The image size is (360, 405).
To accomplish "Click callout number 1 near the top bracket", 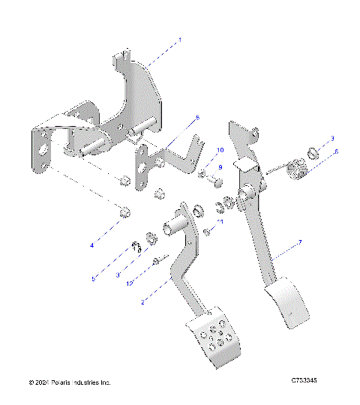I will pyautogui.click(x=178, y=37).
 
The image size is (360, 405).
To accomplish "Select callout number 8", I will pyautogui.click(x=197, y=118).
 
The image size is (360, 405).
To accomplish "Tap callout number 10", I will pyautogui.click(x=220, y=150).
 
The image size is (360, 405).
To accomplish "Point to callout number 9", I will pyautogui.click(x=220, y=166).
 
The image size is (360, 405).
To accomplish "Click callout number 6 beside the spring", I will pyautogui.click(x=336, y=151).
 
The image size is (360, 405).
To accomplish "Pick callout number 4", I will pyautogui.click(x=92, y=245).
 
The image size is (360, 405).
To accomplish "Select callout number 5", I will pyautogui.click(x=94, y=278).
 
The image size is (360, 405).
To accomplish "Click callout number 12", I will pyautogui.click(x=130, y=283).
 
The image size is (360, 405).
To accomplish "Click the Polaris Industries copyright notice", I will pyautogui.click(x=70, y=382).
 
